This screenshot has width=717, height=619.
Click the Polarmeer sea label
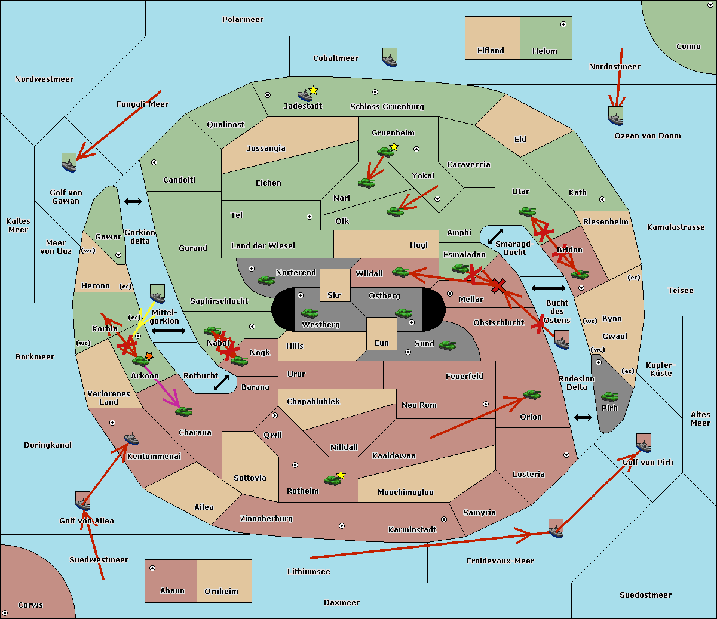[243, 20]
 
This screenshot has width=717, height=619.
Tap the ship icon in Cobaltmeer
[390, 58]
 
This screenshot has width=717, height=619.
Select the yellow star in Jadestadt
[313, 90]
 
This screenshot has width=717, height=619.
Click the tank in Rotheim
[332, 479]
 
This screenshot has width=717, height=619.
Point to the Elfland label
[491, 51]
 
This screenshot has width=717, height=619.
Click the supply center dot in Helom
[563, 24]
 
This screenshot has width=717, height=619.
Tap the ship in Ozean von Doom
[615, 116]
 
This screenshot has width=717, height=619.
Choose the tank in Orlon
[532, 395]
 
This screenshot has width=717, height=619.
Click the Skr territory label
[335, 295]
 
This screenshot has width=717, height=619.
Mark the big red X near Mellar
[497, 286]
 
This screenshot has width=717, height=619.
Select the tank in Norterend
[266, 280]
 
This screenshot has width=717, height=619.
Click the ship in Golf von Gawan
[69, 162]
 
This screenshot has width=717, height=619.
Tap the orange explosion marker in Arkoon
[149, 355]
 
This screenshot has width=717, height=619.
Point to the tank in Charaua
[183, 411]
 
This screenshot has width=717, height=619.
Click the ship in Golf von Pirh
[644, 443]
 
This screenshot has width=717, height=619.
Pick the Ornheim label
[221, 592]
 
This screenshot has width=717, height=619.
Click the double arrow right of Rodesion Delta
[583, 417]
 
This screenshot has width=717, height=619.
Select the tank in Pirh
[609, 396]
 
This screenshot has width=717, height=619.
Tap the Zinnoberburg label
[266, 519]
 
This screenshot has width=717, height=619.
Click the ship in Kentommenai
[131, 439]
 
